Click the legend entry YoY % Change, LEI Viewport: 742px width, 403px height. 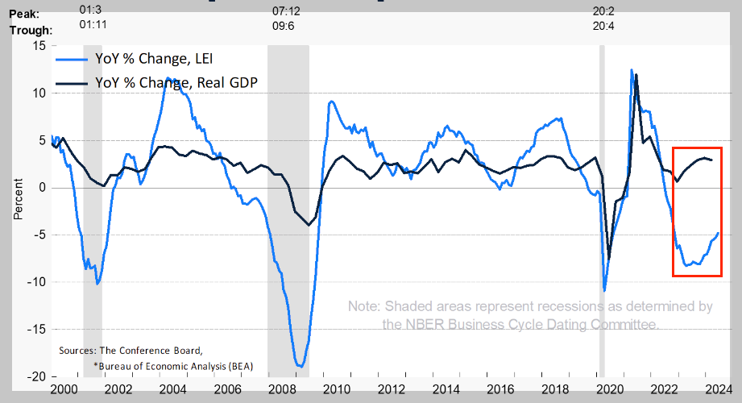pyautogui.click(x=155, y=59)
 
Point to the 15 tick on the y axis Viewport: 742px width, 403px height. pyautogui.click(x=39, y=45)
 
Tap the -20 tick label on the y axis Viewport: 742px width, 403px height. pyautogui.click(x=35, y=377)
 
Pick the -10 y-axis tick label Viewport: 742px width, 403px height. pyautogui.click(x=35, y=282)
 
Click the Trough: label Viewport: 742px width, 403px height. pyautogui.click(x=31, y=31)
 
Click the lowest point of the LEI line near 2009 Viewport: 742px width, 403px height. pyautogui.click(x=300, y=367)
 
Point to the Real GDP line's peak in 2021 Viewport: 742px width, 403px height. pyautogui.click(x=636, y=75)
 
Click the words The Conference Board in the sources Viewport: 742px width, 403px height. pyautogui.click(x=147, y=351)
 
